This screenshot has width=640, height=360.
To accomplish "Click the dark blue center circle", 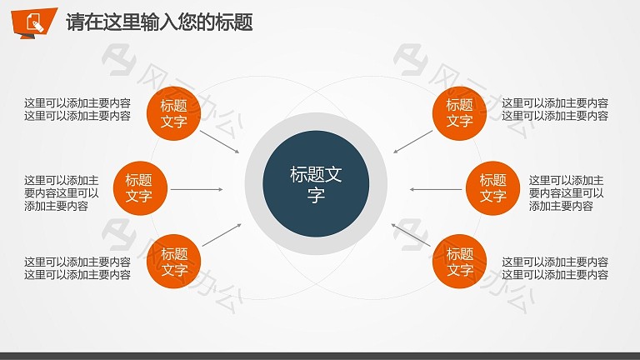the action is pyautogui.click(x=316, y=183).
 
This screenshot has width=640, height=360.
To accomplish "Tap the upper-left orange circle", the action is pyautogui.click(x=173, y=113).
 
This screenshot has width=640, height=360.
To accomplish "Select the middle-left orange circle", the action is pyautogui.click(x=140, y=188).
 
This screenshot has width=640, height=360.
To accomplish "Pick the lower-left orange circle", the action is pyautogui.click(x=173, y=261).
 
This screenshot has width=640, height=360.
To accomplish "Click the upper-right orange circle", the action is pyautogui.click(x=459, y=113).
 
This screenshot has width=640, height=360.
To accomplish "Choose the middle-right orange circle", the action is pyautogui.click(x=492, y=188).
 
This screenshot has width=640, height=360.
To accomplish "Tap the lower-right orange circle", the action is pyautogui.click(x=459, y=261).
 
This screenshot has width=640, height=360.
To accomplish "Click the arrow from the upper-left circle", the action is pyautogui.click(x=220, y=142).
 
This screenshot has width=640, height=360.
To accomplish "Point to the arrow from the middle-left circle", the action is pyautogui.click(x=197, y=189).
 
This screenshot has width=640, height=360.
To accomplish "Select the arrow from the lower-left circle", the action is pyautogui.click(x=222, y=235).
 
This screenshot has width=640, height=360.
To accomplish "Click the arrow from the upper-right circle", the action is pyautogui.click(x=412, y=142).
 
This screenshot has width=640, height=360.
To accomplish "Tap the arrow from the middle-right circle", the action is pyautogui.click(x=436, y=189).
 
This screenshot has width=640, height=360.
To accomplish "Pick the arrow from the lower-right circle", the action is pyautogui.click(x=411, y=235).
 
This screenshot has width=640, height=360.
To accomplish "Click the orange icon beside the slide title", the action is pyautogui.click(x=34, y=22).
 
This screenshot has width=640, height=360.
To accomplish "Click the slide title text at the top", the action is pyautogui.click(x=160, y=22).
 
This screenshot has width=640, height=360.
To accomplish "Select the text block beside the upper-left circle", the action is pyautogui.click(x=77, y=109).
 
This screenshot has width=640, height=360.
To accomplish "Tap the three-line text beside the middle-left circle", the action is pyautogui.click(x=61, y=193).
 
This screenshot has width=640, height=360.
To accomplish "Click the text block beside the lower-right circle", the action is pyautogui.click(x=555, y=268).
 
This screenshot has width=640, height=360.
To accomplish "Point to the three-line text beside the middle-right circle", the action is pyautogui.click(x=566, y=193).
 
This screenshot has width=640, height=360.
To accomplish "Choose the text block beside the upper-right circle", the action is pyautogui.click(x=555, y=109).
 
